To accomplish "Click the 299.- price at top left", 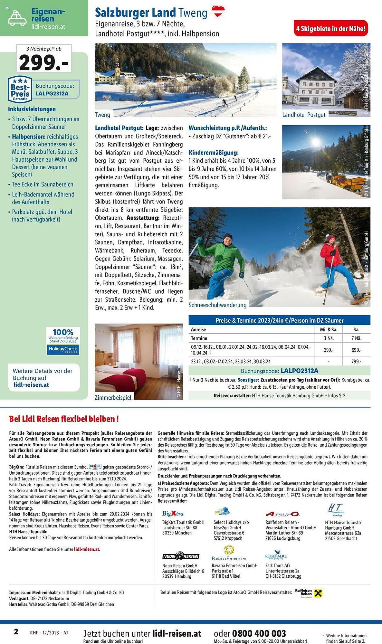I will pos(44,62).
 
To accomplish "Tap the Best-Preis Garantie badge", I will pos(20,90).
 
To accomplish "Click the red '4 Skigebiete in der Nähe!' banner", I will pos(330,29).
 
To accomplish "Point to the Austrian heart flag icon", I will pos(218,12).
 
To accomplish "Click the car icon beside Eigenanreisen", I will pos(17,18).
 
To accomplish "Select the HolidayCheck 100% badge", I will pos(63,341).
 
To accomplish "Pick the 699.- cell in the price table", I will pos(356,350).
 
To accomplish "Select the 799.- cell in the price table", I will pos(356,362).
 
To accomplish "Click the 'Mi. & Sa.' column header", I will pos(328,329).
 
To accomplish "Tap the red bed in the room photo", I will pos(129,377).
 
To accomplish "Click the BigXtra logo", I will pos(173,514).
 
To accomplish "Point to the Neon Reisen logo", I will pos(180,556).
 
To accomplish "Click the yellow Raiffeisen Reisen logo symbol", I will pos(318,593).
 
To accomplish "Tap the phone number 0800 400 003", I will pos(259,633).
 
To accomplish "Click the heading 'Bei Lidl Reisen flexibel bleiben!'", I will pos(64,419).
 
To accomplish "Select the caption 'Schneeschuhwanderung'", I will pos(217,305).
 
